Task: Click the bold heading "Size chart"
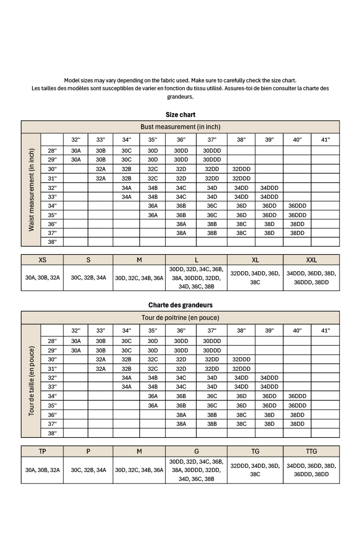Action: pyautogui.click(x=180, y=114)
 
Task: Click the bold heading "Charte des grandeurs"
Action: pyautogui.click(x=180, y=305)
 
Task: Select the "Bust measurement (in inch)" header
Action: pyautogui.click(x=180, y=127)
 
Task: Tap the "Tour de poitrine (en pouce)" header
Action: pyautogui.click(x=180, y=317)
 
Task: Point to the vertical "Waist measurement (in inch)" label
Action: pyautogui.click(x=31, y=190)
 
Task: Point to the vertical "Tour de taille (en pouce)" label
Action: pyautogui.click(x=31, y=381)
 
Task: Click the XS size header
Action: pyautogui.click(x=42, y=260)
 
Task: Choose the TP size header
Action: pyautogui.click(x=42, y=451)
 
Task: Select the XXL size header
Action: pyautogui.click(x=311, y=260)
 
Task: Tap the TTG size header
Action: pyautogui.click(x=311, y=451)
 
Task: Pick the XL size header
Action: pyautogui.click(x=255, y=260)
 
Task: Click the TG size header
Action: pyautogui.click(x=255, y=451)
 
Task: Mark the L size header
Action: pyautogui.click(x=196, y=260)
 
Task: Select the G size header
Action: pyautogui.click(x=196, y=451)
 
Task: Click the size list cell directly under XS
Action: pyautogui.click(x=42, y=278)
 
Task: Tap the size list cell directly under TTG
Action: pyautogui.click(x=311, y=470)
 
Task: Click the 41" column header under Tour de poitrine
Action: pyautogui.click(x=325, y=330)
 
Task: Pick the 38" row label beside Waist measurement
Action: pyautogui.click(x=52, y=242)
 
